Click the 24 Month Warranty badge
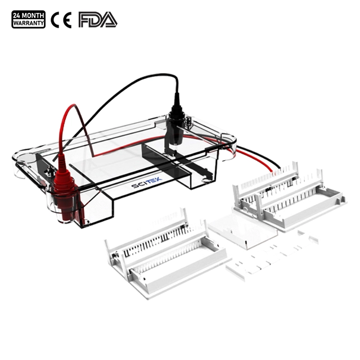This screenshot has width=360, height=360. click(29, 19)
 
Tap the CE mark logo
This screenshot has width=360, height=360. click(61, 20)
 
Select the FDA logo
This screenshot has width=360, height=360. click(98, 20)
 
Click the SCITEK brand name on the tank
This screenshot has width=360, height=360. click(147, 182)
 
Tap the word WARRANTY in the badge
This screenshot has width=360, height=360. click(29, 23)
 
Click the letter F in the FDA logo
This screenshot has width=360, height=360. click(84, 20)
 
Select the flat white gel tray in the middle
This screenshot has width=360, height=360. click(242, 231)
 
